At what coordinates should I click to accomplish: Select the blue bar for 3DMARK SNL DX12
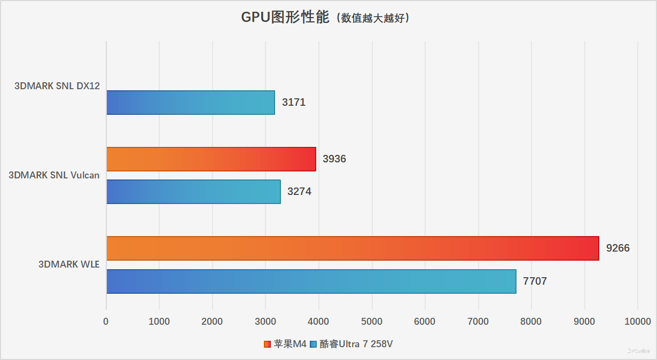(x=191, y=103)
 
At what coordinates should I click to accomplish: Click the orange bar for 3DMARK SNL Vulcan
(x=211, y=159)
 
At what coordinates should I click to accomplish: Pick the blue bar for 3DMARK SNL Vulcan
(x=193, y=192)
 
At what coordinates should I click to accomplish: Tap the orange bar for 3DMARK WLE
(x=353, y=248)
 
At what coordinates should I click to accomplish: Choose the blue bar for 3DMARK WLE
(x=311, y=281)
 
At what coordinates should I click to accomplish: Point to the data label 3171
(x=294, y=103)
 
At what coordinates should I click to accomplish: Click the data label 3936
(x=334, y=159)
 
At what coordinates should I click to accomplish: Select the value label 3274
(x=299, y=192)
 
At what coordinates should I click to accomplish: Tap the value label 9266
(x=617, y=248)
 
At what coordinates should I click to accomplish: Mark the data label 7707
(x=535, y=281)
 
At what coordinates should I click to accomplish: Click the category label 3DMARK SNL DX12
(x=58, y=86)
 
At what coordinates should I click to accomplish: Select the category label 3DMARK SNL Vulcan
(x=54, y=175)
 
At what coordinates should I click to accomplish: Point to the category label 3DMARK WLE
(x=69, y=264)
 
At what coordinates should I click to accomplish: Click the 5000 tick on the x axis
(x=372, y=322)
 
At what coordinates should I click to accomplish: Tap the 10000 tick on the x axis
(x=637, y=322)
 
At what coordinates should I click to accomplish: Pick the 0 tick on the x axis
(x=106, y=322)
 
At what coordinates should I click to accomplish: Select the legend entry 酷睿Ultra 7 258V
(x=356, y=345)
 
